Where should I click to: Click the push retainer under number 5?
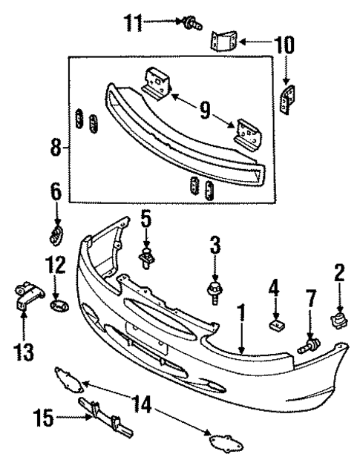point(146,259)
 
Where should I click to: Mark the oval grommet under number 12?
point(57,305)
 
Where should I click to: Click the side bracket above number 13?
point(24,296)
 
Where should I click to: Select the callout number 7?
point(310,300)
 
